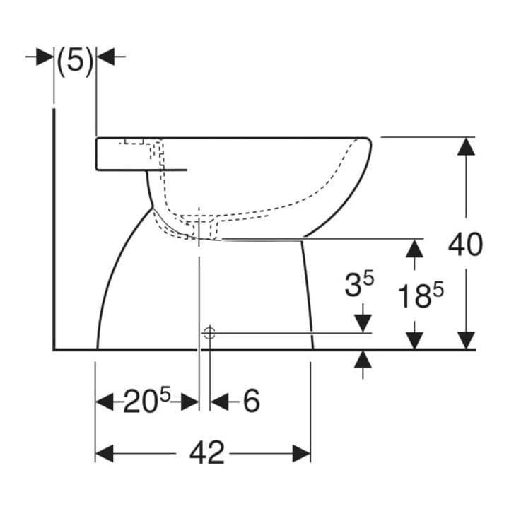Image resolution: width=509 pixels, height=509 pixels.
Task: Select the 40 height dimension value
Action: click(465, 244)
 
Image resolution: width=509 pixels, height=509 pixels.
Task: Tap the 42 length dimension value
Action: click(207, 453)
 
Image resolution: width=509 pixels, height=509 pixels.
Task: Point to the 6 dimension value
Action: click(252, 401)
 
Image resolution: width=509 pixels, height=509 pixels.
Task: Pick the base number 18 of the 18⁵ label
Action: click(415, 296)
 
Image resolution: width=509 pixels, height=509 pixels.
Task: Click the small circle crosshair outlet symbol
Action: click(210, 333)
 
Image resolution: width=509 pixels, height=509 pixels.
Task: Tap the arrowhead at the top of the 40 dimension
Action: click(466, 146)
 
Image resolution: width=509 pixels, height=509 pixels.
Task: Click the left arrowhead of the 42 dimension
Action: click(104, 453)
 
